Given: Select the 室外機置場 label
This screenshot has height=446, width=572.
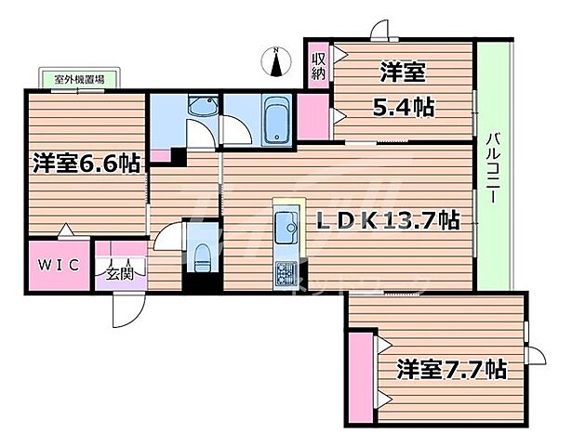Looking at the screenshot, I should point(72,80).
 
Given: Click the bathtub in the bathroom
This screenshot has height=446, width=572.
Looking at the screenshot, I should point(276,121).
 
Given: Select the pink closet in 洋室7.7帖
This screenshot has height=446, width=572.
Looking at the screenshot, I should point(360,373).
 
